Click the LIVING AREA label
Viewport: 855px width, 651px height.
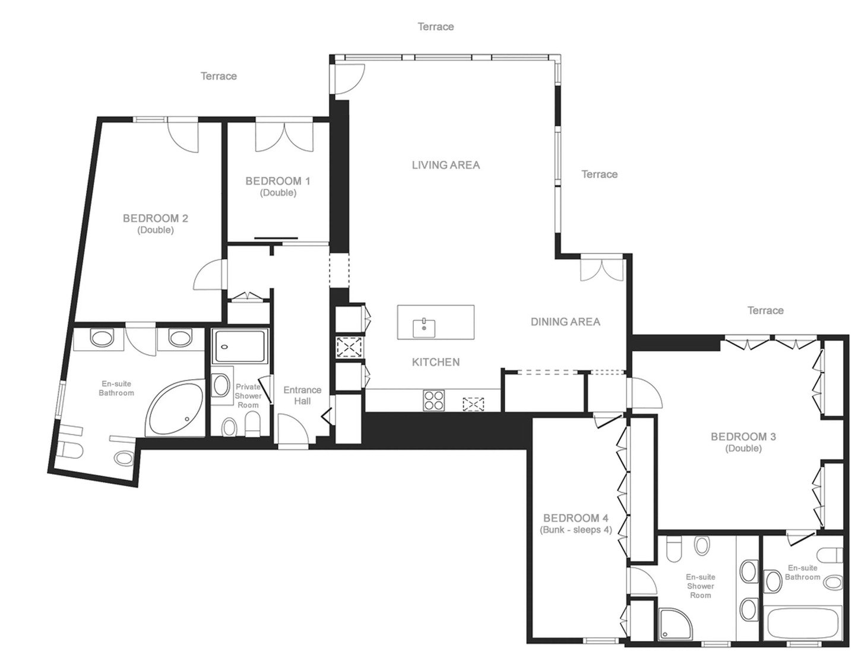tap(446, 165)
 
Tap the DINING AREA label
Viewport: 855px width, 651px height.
tap(565, 322)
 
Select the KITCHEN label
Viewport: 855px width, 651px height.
tap(435, 362)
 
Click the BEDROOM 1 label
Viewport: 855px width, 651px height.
tap(278, 181)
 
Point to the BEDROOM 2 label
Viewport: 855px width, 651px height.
tap(156, 218)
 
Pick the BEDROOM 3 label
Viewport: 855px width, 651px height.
tap(743, 436)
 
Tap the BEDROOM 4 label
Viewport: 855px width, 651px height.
tap(576, 518)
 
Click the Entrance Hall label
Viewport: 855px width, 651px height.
tap(302, 395)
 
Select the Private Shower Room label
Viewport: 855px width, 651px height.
tap(248, 396)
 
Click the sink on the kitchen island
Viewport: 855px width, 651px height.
tap(424, 328)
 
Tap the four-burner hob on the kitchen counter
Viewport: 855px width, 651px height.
tap(433, 400)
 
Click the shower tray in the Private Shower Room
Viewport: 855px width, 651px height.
tap(240, 346)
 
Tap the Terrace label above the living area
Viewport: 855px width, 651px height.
tap(435, 27)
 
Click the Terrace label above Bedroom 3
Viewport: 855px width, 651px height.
tap(765, 310)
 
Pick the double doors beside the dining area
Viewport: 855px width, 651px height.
tap(601, 269)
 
